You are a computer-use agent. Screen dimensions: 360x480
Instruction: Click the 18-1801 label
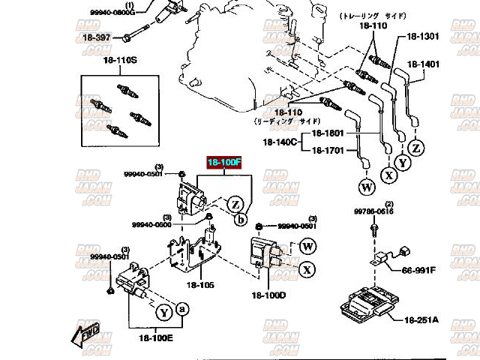(x=327, y=133)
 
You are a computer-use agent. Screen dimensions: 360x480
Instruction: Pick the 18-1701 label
(x=327, y=149)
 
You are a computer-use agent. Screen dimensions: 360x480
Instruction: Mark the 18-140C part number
(x=280, y=141)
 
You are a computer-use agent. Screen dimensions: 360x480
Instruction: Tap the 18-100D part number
(x=268, y=295)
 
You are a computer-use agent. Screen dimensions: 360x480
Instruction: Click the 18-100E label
(x=154, y=337)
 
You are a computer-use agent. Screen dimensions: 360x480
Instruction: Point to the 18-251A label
(x=421, y=320)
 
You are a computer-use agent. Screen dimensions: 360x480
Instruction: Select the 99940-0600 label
(x=151, y=224)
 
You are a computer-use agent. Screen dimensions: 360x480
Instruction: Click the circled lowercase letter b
(x=241, y=220)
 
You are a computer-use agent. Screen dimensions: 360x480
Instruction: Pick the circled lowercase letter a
(x=182, y=308)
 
